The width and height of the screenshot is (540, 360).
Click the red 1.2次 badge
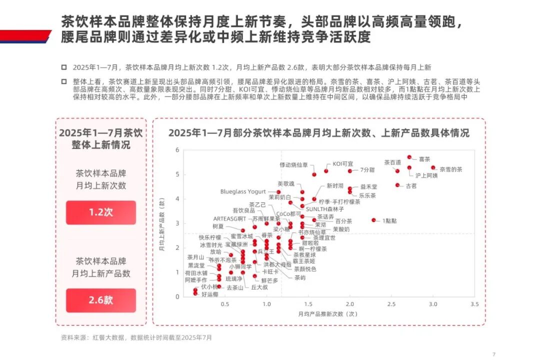(x=101, y=212)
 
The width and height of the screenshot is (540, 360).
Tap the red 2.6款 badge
(x=101, y=300)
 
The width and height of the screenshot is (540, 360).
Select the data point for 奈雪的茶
(x=433, y=168)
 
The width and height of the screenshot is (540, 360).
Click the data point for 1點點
(x=373, y=220)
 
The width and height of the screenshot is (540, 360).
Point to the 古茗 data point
(x=397, y=185)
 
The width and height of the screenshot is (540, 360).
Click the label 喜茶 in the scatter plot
(x=424, y=158)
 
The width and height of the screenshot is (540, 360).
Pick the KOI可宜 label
(x=343, y=164)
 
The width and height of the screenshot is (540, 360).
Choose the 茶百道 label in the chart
(x=392, y=162)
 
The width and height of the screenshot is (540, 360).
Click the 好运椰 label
(x=209, y=294)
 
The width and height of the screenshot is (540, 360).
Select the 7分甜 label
(x=367, y=170)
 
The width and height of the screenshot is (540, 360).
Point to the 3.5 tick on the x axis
(x=475, y=304)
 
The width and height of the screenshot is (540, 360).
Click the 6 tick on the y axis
(x=177, y=150)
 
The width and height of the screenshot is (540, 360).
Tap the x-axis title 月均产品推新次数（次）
(x=328, y=314)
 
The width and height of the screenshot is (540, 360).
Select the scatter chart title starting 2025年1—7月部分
(x=318, y=133)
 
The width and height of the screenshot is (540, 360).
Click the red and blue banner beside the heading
(x=25, y=36)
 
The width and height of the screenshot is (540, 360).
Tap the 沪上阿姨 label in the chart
(x=426, y=175)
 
